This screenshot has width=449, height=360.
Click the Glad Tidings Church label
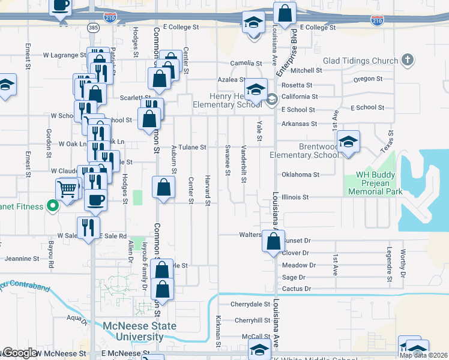pyautogui.click(x=360, y=61)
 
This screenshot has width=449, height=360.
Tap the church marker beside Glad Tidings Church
pyautogui.click(x=408, y=60)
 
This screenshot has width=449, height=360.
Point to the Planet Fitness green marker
pyautogui.click(x=52, y=207)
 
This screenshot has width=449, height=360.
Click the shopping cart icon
pyautogui.click(x=68, y=190)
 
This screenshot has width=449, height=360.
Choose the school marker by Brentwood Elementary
pyautogui.click(x=348, y=142)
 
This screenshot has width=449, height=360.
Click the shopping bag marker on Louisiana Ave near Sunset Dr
pyautogui.click(x=274, y=241)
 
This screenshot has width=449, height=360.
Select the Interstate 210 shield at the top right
pyautogui.click(x=376, y=22)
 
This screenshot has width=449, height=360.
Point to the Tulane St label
pyautogui.click(x=192, y=147)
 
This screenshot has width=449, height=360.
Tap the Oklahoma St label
pyautogui.click(x=300, y=175)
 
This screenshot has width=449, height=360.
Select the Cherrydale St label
pyautogui.click(x=251, y=304)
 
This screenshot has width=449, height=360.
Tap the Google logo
pyautogui.click(x=20, y=353)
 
